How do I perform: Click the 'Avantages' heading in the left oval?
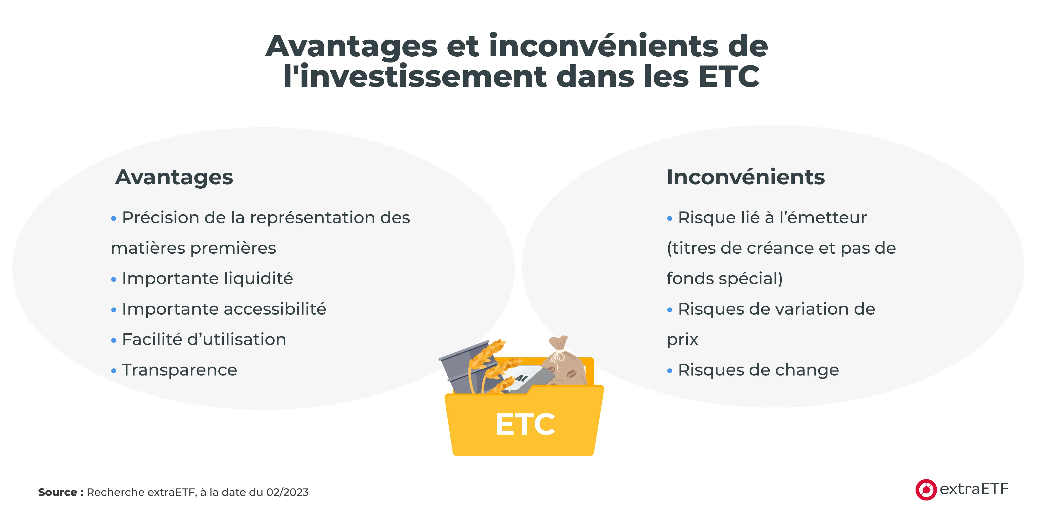click(174, 177)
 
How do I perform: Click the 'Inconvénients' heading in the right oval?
click(745, 177)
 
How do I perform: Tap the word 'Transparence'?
click(179, 370)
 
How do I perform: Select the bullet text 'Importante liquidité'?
click(207, 278)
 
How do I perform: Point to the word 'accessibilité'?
click(275, 309)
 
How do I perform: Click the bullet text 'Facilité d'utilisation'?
click(204, 339)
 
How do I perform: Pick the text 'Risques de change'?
click(758, 370)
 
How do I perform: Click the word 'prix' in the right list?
click(682, 339)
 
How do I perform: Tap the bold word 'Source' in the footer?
click(57, 492)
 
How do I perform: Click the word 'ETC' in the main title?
click(729, 76)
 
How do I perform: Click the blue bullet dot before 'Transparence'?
click(114, 370)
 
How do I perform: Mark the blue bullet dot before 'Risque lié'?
click(670, 218)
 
